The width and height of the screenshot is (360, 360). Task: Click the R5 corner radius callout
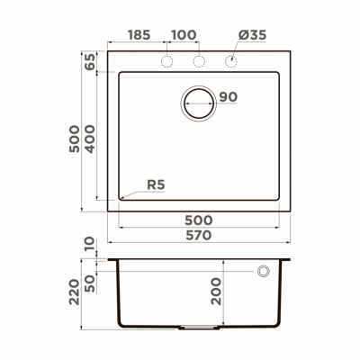155,185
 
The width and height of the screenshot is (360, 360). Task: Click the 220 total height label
74,292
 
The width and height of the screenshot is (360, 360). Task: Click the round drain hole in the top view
199,102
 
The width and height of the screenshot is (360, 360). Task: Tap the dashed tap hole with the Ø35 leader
231,61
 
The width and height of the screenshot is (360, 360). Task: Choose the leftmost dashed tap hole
166,61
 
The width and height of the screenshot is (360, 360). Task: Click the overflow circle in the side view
265,271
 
